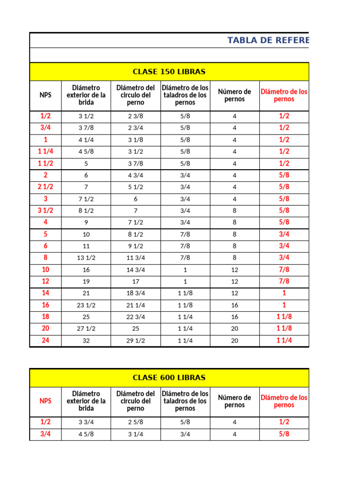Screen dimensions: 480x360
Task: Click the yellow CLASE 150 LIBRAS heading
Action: [x=169, y=72]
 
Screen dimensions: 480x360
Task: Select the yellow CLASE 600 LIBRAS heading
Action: [x=169, y=378]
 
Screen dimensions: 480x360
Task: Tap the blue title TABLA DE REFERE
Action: [x=268, y=40]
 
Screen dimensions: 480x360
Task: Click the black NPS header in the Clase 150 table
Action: [x=45, y=95]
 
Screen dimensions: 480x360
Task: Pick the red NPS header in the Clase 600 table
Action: [x=45, y=401]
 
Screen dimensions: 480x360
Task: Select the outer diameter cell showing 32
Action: [x=86, y=341]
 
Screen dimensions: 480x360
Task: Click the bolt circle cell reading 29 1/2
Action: [x=135, y=341]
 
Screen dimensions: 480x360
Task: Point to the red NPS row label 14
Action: [x=45, y=293]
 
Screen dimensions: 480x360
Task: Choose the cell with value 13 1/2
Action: [x=86, y=258]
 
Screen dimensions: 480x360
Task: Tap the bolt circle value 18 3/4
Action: [x=135, y=293]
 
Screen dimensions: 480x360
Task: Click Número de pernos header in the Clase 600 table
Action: [x=234, y=401]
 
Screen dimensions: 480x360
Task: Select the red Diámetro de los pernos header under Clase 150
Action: [x=284, y=95]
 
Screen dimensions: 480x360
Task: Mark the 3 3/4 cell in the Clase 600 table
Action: [x=86, y=422]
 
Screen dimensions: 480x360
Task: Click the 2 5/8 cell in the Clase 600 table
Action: [x=135, y=422]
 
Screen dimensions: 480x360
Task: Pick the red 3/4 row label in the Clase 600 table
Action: [x=45, y=434]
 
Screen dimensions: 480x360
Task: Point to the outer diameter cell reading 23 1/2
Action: [x=86, y=305]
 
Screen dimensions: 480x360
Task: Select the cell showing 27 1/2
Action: [x=86, y=329]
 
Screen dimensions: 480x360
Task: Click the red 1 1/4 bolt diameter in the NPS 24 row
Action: [x=284, y=340]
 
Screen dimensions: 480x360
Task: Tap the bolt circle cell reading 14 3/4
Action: [x=135, y=270]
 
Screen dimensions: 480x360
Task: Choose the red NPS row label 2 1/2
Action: [x=45, y=187]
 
